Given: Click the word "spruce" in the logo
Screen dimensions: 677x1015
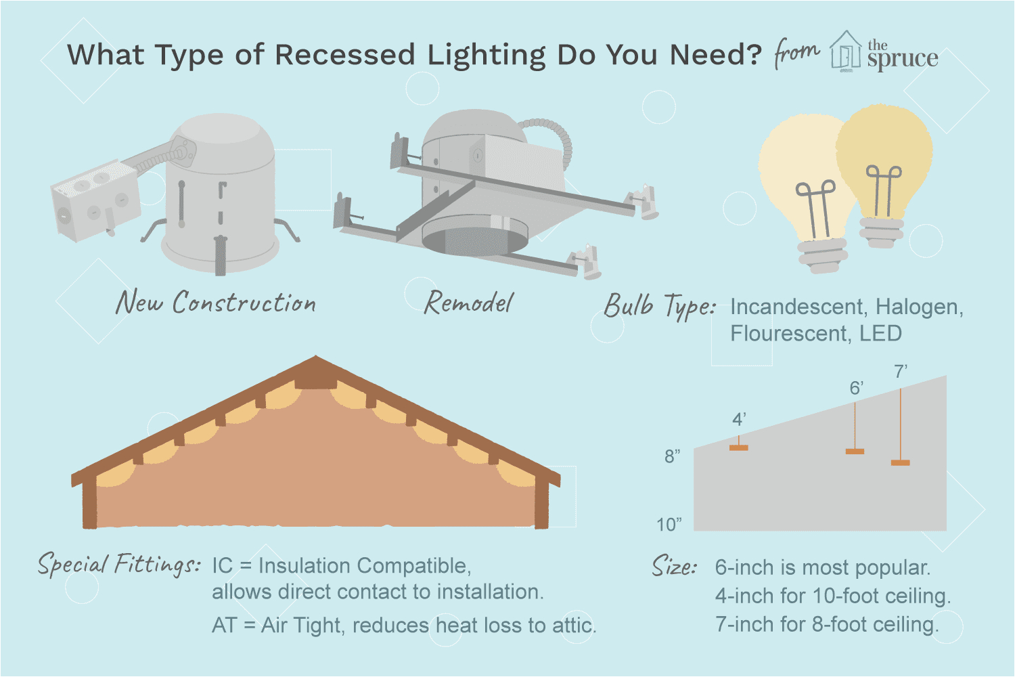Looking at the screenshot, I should (x=903, y=60).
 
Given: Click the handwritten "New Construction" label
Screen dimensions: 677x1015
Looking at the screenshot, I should (x=216, y=302).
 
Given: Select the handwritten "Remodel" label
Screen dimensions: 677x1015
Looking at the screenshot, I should (x=468, y=303).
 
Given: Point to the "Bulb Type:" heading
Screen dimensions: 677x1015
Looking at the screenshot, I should (x=660, y=306).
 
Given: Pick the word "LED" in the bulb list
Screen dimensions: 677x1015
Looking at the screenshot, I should (x=880, y=334).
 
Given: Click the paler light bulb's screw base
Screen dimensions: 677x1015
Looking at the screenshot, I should (x=823, y=255).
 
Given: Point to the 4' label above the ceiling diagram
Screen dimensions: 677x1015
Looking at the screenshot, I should (x=739, y=420).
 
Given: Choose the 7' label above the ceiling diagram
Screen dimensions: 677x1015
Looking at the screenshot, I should (x=901, y=372).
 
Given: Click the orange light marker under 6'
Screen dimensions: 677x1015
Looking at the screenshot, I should (x=855, y=451).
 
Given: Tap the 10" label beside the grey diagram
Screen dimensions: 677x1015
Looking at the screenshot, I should (x=669, y=525).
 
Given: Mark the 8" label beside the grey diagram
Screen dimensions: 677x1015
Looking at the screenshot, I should (x=672, y=456).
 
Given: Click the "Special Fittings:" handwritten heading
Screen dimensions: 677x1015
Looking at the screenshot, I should (x=118, y=565).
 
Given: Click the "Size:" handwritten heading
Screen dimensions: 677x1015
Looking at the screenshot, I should (x=674, y=566).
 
